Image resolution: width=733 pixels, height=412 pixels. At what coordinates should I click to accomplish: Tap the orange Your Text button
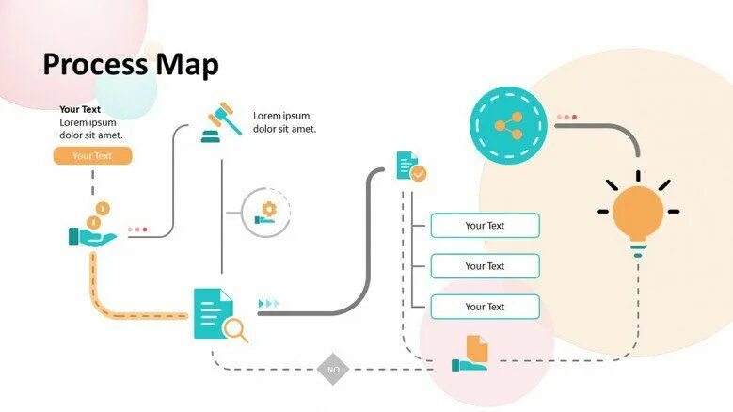click(92, 156)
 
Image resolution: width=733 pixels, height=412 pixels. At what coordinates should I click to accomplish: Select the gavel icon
click(220, 121)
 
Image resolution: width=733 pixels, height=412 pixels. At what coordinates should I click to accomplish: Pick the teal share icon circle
click(508, 124)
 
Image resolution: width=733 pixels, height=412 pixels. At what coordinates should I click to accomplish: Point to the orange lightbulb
click(638, 214)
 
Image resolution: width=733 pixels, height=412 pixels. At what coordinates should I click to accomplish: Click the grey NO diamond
click(333, 369)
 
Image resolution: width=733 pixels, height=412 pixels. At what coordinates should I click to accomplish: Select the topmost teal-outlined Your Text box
click(485, 226)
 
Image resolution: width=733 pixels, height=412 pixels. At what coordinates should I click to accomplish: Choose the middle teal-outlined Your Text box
click(485, 266)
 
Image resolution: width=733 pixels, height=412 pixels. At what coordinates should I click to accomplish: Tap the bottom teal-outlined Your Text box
click(485, 307)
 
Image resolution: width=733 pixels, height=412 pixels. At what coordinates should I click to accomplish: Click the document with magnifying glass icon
click(218, 314)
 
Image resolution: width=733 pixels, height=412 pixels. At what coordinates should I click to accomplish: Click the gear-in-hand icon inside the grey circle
click(266, 213)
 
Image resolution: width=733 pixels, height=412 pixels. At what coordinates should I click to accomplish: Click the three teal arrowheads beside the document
click(269, 303)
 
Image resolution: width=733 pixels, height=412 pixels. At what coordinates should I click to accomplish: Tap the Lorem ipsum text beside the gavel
click(284, 122)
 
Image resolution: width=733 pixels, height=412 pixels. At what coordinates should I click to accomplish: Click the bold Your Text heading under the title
click(80, 109)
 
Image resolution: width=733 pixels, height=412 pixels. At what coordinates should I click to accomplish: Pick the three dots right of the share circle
click(566, 118)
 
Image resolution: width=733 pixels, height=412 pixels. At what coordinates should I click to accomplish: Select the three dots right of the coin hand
click(137, 229)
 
